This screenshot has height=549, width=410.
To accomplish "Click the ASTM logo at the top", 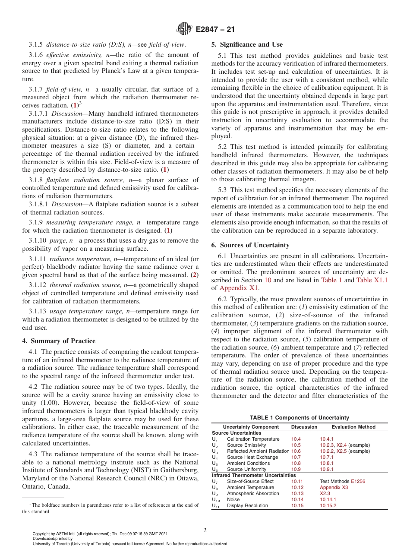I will [184, 30].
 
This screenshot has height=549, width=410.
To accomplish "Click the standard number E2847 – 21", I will [215, 30].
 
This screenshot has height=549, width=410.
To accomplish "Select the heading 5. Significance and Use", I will [247, 44].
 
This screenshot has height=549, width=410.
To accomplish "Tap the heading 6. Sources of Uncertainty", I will [250, 245].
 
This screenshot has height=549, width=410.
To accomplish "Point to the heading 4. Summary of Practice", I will [59, 341].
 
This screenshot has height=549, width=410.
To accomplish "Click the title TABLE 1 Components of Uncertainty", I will [300, 417].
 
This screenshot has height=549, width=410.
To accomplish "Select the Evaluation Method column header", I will [353, 427].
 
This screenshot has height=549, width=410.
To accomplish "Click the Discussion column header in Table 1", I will [304, 427].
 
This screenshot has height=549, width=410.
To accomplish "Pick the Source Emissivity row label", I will [246, 445].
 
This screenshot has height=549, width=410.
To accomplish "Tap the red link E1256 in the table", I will [358, 481].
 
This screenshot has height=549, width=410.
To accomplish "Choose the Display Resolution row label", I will [247, 505].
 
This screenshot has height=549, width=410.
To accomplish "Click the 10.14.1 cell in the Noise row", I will [328, 499].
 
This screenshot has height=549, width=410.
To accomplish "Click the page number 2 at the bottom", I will [205, 530].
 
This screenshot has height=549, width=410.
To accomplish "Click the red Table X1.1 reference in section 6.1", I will [372, 280].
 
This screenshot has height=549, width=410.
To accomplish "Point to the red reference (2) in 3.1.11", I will [195, 275].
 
